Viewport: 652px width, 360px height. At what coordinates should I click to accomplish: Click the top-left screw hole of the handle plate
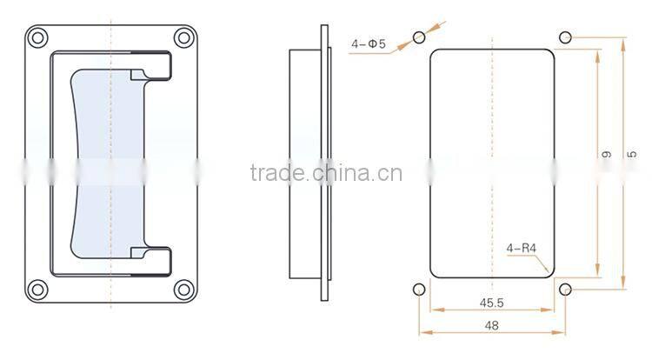37,38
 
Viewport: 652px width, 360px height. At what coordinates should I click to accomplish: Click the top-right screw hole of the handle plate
183,38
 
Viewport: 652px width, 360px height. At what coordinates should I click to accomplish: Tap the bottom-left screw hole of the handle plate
37,290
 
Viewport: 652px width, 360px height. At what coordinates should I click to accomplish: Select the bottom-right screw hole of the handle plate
183,290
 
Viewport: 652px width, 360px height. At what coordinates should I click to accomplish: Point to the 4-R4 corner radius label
522,248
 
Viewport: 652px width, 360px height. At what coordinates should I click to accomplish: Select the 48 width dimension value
492,325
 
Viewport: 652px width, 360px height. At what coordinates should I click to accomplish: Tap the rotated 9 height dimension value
607,155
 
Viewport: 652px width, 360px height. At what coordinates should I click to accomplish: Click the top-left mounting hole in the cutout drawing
420,37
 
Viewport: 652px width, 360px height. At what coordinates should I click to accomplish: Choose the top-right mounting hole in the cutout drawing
566,37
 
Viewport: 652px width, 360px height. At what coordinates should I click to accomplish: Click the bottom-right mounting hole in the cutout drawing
566,289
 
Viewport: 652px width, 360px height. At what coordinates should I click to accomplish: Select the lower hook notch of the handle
150,258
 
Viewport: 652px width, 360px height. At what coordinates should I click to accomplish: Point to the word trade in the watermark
272,171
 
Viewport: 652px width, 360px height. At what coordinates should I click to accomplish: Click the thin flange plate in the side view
326,163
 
